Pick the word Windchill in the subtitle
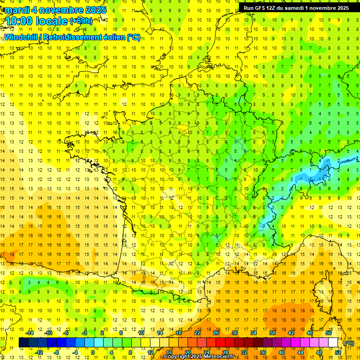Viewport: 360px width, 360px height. tap(20, 37)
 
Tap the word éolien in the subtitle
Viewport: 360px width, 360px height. tap(115, 37)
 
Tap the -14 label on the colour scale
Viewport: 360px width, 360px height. tap(30, 333)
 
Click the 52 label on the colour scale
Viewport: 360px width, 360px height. tap(338, 352)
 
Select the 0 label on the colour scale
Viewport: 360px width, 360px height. tap(92, 352)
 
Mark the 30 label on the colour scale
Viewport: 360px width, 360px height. tap(235, 333)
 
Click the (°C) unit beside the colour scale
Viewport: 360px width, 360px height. tap(349, 343)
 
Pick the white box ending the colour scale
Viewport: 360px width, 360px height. tap(333, 343)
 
